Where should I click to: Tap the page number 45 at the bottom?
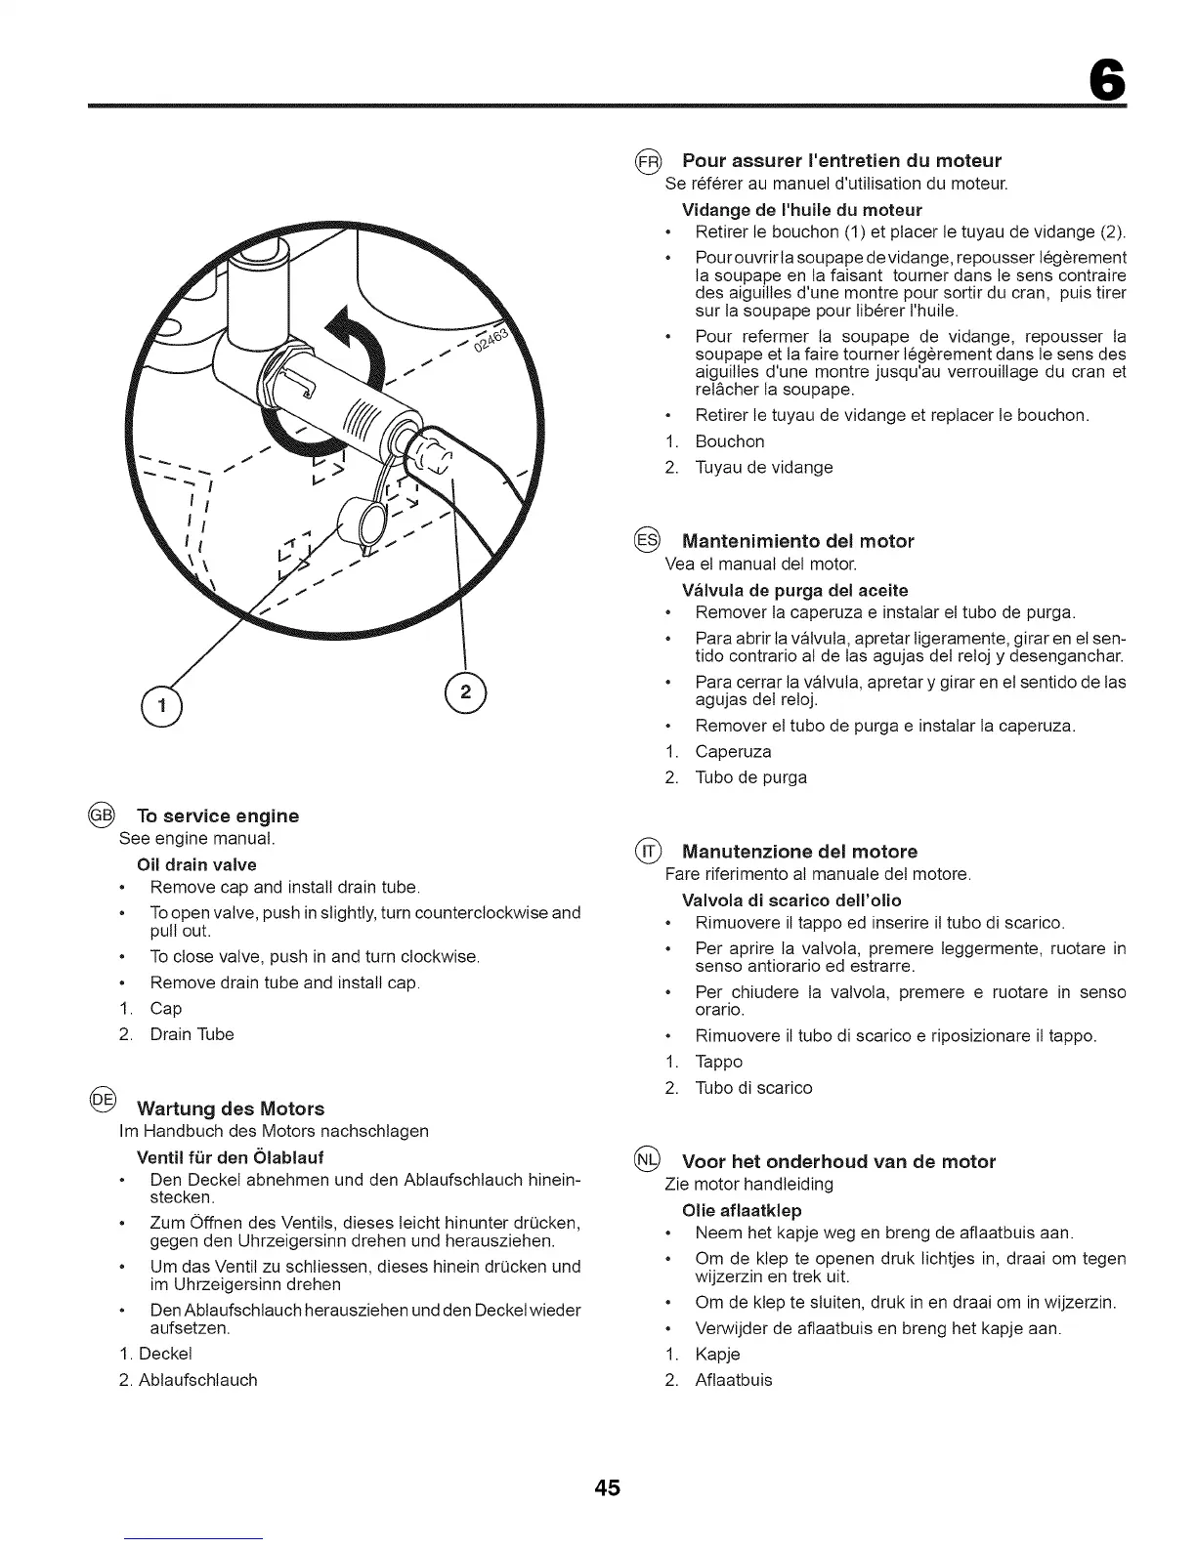(606, 1488)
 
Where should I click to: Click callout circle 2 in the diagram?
(465, 692)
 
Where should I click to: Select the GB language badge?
(101, 815)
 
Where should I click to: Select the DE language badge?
(102, 1100)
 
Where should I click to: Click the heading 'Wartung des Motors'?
(231, 1108)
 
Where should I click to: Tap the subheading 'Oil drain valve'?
(197, 864)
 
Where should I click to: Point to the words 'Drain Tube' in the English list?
(192, 1034)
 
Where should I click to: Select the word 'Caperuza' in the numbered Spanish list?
(733, 752)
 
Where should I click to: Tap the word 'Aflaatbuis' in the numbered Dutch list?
(733, 1380)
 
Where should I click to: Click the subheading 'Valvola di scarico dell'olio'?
(791, 899)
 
